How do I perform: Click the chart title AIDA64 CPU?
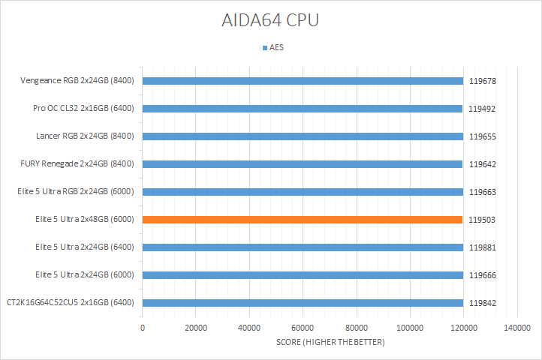click(270, 20)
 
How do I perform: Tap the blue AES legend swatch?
click(264, 47)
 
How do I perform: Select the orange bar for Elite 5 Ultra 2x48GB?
click(302, 220)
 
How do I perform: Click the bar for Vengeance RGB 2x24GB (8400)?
click(302, 81)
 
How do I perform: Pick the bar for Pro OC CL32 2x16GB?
click(302, 109)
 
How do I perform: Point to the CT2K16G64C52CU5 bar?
click(302, 303)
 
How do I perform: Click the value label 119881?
click(483, 247)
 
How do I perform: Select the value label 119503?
click(483, 220)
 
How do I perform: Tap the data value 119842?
click(483, 303)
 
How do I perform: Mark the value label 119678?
click(483, 81)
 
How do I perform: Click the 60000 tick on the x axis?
click(303, 328)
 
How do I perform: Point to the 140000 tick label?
click(516, 328)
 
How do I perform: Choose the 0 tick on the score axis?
click(143, 328)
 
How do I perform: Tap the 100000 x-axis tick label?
click(409, 328)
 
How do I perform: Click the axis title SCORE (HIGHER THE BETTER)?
click(330, 343)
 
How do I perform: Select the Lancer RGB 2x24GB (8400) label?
click(85, 136)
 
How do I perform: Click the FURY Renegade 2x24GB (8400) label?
click(77, 164)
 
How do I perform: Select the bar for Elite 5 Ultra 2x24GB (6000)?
click(302, 275)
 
